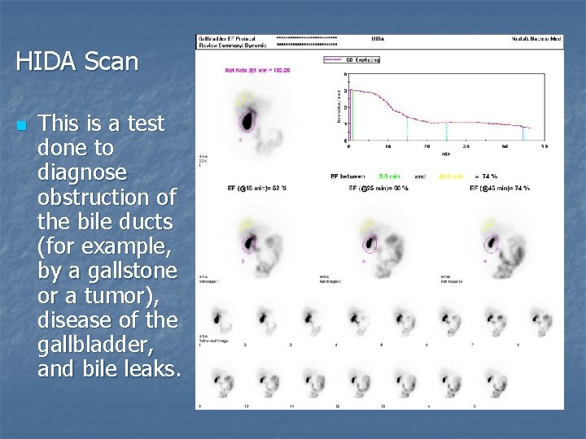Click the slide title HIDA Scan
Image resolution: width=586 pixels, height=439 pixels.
[77, 61]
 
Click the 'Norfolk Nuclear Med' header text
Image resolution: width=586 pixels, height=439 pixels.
[536, 38]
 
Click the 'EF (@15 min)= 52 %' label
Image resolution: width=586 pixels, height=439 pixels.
[256, 189]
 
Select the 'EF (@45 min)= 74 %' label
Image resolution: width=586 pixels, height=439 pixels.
[500, 189]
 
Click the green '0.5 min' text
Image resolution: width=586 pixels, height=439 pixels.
[389, 176]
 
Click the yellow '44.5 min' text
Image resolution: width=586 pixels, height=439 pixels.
[450, 176]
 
